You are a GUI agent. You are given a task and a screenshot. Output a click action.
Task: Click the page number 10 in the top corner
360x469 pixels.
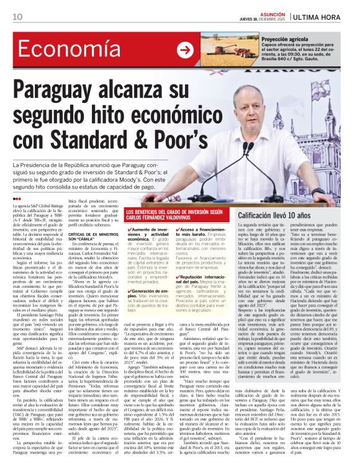pyautogui.click(x=18, y=17)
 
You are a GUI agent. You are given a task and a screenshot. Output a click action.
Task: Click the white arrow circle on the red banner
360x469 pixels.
pyautogui.click(x=185, y=50)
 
